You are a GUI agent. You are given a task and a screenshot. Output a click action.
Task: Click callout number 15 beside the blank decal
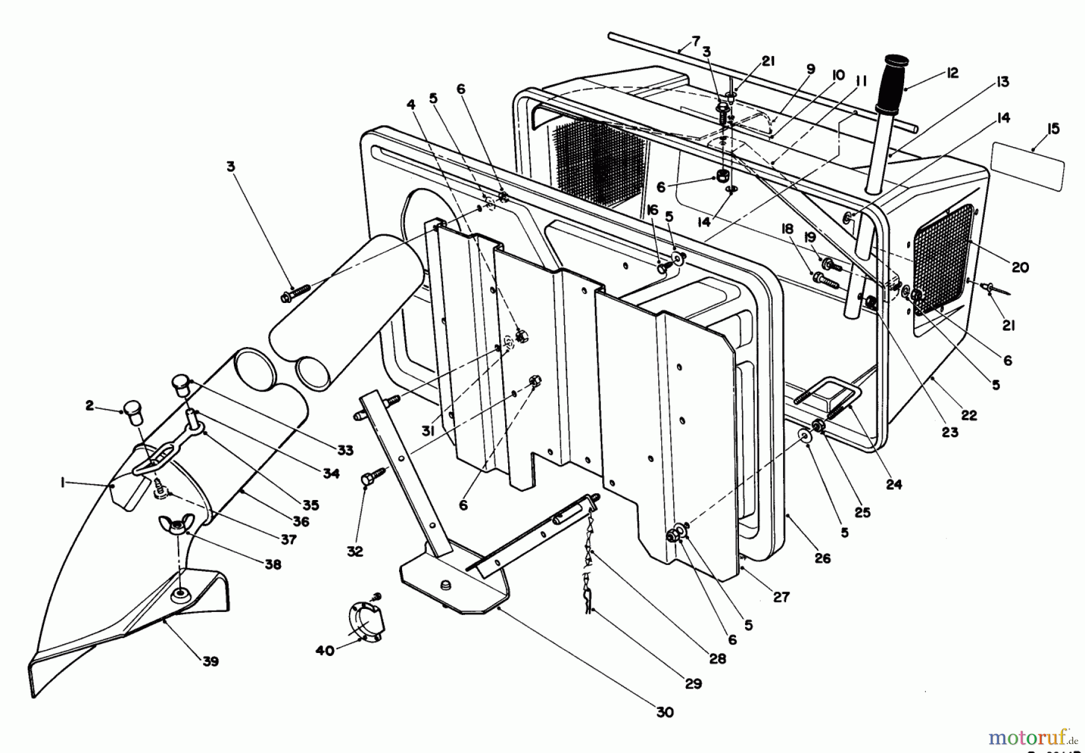pos(1053,130)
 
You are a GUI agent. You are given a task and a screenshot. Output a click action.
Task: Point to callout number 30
pos(664,712)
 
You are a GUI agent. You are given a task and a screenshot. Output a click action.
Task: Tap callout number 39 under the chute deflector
pos(210,661)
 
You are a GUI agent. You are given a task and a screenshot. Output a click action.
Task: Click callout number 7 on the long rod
pos(696,42)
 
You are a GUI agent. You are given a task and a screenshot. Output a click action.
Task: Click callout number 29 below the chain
pos(693,683)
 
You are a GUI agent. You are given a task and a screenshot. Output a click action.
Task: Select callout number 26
pos(822,558)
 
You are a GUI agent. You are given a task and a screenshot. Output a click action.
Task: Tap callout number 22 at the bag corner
pos(969,415)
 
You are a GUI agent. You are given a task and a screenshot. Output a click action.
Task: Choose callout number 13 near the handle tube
pos(1002,82)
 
